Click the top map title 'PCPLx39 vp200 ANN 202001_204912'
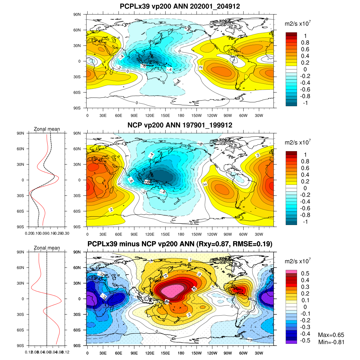click(x=180, y=6)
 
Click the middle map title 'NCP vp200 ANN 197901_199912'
click(x=180, y=125)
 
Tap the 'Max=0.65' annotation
click(x=331, y=335)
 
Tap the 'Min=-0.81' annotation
click(x=331, y=342)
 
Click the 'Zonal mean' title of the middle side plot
click(x=47, y=129)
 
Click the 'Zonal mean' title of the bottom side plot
click(x=47, y=248)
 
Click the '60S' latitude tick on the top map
click(x=77, y=92)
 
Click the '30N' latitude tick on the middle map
click(x=77, y=164)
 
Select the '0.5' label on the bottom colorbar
click(x=305, y=274)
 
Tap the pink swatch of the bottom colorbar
click(x=291, y=271)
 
